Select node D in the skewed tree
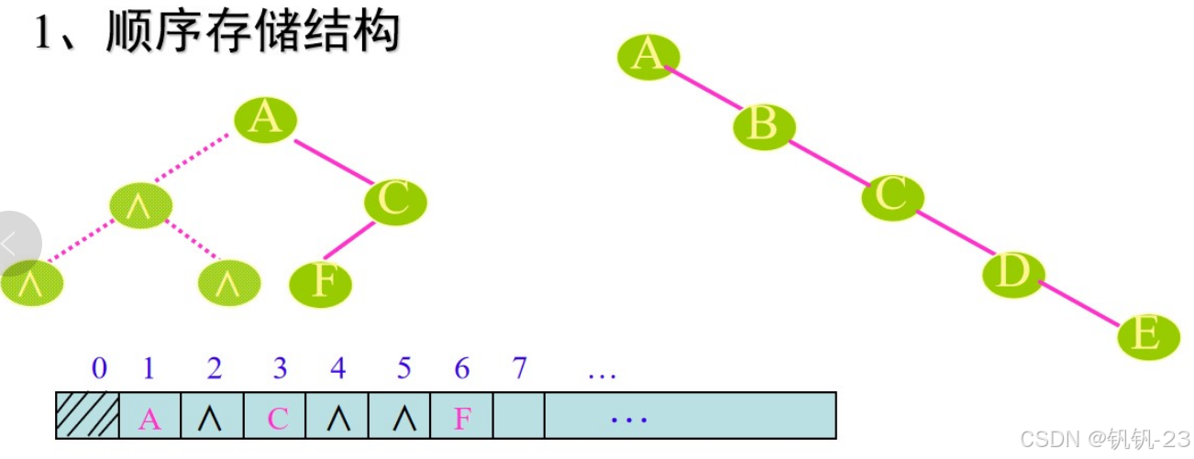(x=1014, y=272)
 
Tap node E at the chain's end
(x=1148, y=335)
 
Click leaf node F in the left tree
(x=321, y=282)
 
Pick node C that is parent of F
(x=395, y=201)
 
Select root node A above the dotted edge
(x=265, y=119)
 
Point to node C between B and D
(x=892, y=196)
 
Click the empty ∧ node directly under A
(x=141, y=206)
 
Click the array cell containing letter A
(x=149, y=417)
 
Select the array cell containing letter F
(x=462, y=417)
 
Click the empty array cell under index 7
(x=519, y=417)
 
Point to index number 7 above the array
(x=520, y=369)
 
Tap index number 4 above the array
(x=338, y=369)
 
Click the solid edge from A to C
(x=333, y=161)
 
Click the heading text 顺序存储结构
(x=253, y=33)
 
